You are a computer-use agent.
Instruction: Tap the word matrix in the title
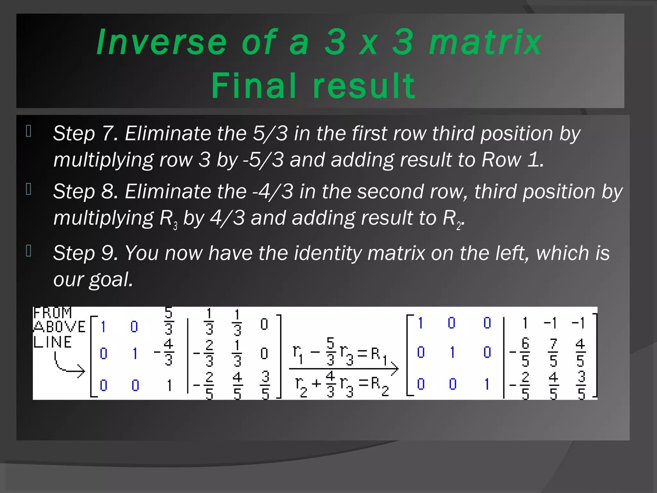[485, 42]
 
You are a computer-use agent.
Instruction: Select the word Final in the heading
[253, 85]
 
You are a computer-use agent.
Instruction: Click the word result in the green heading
[364, 85]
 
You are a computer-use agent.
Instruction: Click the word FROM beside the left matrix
[53, 313]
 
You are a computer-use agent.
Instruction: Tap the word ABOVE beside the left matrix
[60, 327]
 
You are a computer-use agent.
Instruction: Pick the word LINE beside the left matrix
[53, 342]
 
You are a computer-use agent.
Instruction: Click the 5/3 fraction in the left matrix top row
[169, 321]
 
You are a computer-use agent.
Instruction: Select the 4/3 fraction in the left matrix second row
[168, 352]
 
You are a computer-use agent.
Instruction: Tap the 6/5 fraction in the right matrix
[525, 352]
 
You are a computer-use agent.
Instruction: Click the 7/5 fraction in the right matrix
[553, 352]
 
